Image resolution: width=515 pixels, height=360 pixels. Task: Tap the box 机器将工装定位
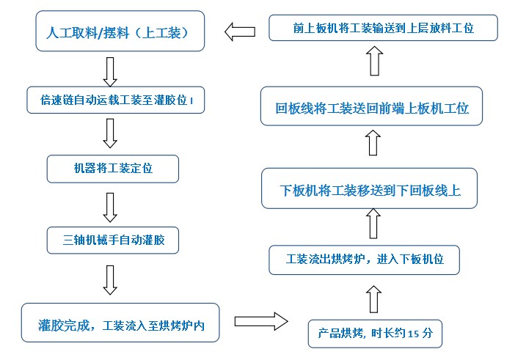(x=113, y=169)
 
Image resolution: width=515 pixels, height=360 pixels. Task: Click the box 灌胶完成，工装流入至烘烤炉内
(x=120, y=323)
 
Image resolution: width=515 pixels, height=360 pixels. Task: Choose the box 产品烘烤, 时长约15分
(x=375, y=334)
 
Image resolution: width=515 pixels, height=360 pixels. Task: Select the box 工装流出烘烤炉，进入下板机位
(x=364, y=260)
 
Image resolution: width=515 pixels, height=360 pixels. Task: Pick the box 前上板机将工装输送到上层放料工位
(x=382, y=29)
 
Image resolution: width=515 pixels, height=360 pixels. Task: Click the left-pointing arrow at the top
(x=239, y=32)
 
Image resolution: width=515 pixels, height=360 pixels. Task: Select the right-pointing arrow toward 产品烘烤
(x=261, y=321)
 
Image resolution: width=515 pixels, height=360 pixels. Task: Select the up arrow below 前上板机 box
(x=373, y=61)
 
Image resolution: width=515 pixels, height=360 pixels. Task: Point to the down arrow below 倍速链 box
(x=110, y=133)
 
